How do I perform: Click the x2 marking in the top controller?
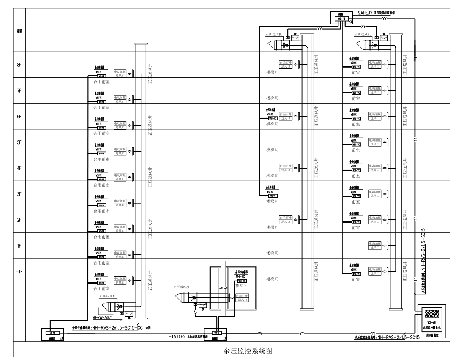[x=350, y=20]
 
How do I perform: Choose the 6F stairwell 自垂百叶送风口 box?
[x=286, y=116]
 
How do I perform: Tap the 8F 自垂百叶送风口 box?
[x=286, y=64]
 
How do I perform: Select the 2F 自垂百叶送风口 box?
[x=286, y=219]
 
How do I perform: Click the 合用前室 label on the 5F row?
[x=101, y=159]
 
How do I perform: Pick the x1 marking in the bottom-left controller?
[x=62, y=338]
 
